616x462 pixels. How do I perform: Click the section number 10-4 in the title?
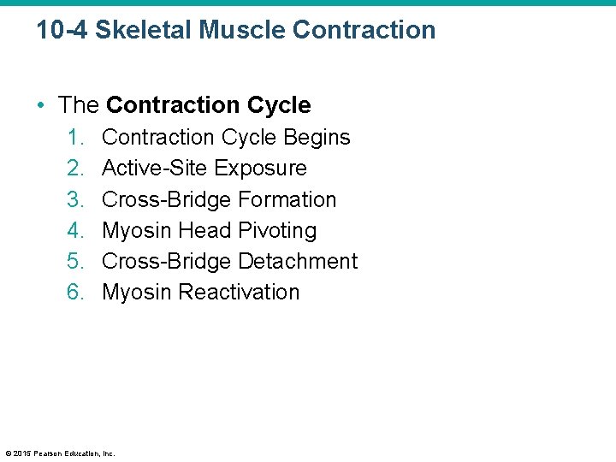coord(62,30)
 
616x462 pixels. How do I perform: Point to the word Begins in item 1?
coord(318,138)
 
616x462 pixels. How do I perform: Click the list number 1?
coord(74,138)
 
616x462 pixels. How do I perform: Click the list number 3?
coord(74,199)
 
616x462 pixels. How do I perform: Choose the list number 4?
coord(74,230)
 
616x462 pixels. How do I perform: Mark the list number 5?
coord(74,261)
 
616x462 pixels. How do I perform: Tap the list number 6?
coord(74,292)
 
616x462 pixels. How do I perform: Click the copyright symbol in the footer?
coord(8,453)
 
